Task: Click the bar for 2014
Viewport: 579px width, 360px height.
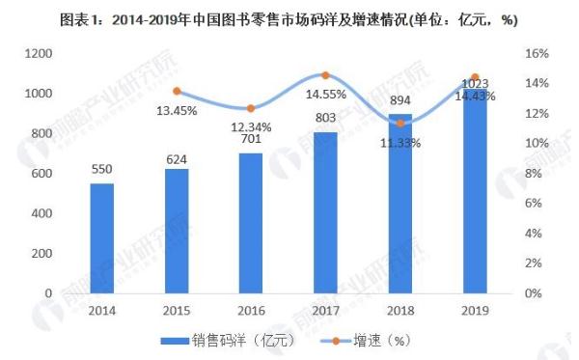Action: (101, 237)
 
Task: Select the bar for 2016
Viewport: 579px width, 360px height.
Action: (251, 223)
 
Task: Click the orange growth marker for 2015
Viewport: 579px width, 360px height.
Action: (177, 92)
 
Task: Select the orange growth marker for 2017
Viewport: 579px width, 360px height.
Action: (325, 75)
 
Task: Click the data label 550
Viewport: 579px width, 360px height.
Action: (101, 168)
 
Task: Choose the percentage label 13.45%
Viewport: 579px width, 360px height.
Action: (177, 110)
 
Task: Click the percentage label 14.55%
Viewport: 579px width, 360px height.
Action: (325, 95)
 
